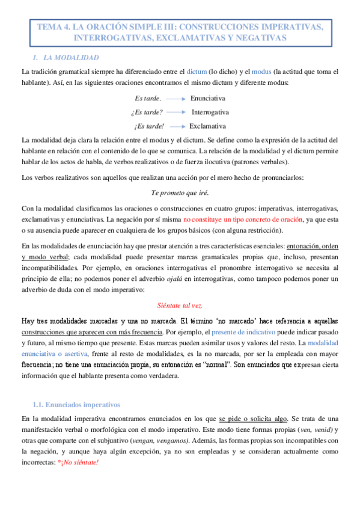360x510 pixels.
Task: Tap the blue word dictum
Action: point(199,71)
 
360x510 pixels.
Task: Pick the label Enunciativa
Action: point(208,98)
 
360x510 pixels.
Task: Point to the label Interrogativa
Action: point(210,112)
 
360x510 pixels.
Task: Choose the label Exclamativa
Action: point(207,126)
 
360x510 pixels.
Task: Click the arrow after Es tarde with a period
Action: point(174,98)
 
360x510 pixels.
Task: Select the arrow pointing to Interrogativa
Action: point(175,112)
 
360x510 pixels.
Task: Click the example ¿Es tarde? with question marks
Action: point(147,112)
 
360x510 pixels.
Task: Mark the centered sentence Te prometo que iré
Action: point(180,194)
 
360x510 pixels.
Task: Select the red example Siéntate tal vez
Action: point(180,305)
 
